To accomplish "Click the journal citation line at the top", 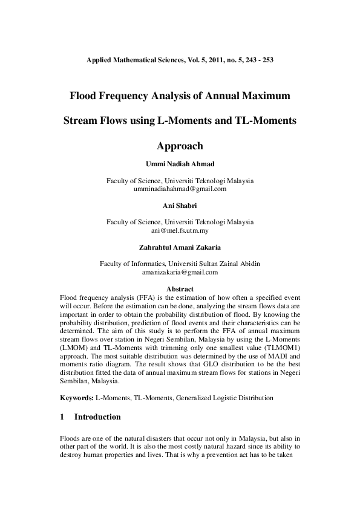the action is pos(180,60).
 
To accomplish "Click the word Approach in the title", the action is pos(180,146).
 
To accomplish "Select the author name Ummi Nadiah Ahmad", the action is pos(180,164).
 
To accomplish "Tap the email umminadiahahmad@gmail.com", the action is pos(180,189).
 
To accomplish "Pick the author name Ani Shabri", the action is pos(180,206).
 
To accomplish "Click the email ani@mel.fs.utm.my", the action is pos(180,230).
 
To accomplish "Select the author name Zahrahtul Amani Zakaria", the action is pos(180,247).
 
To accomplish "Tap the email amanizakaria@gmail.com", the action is pos(180,272).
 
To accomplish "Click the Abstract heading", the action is pos(180,290).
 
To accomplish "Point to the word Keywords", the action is pos(77,398).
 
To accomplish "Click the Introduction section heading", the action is pos(97,417).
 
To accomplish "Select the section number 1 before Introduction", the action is pos(63,417).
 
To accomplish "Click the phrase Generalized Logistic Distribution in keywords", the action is pos(223,398).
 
